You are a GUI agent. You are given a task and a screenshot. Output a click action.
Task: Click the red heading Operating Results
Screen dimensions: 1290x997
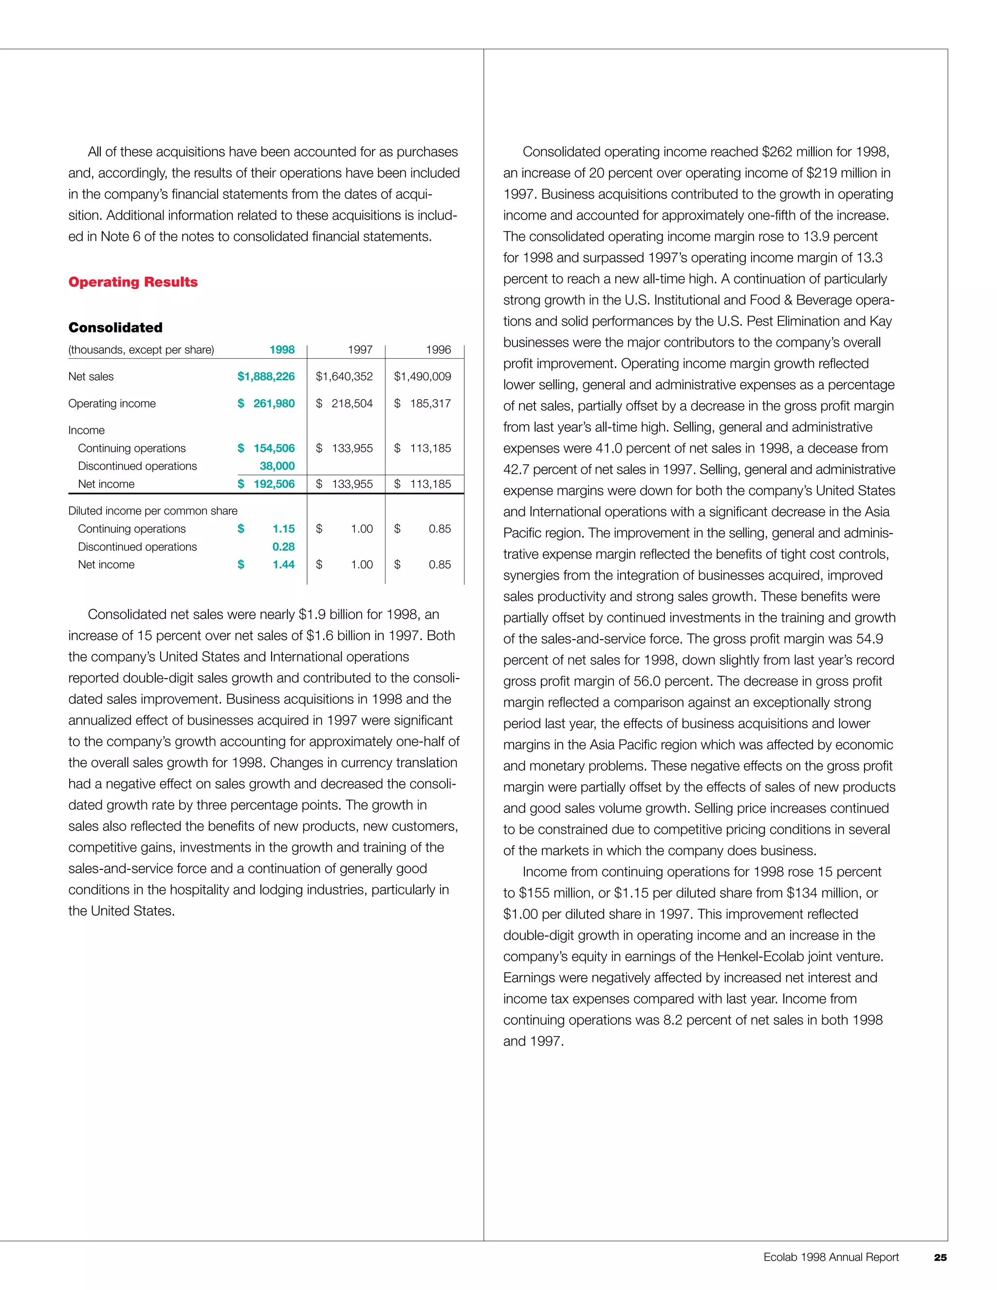point(133,282)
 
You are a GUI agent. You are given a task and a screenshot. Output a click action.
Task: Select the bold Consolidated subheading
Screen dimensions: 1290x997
point(115,327)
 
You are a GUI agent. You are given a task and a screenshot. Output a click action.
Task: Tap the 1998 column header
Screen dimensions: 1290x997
point(282,350)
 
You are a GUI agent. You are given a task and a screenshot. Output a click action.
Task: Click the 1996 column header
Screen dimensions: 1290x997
point(438,350)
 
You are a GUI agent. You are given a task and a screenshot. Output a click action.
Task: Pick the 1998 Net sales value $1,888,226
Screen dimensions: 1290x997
point(266,376)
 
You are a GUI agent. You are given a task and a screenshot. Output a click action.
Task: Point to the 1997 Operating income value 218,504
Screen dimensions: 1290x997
point(352,404)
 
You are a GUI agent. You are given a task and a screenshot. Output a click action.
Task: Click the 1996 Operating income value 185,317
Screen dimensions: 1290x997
point(430,404)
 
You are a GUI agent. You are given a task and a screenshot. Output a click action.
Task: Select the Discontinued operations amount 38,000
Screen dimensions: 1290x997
point(277,466)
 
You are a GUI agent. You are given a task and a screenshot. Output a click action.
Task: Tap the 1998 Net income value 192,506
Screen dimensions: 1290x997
point(274,484)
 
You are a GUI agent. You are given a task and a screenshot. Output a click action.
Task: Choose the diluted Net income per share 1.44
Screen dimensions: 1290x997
point(283,565)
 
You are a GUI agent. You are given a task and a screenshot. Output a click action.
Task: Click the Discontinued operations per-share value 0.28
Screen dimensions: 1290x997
point(283,547)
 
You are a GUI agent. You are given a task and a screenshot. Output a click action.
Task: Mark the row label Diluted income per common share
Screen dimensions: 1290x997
point(152,511)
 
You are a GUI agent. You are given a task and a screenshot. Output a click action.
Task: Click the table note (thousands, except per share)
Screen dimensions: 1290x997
point(141,350)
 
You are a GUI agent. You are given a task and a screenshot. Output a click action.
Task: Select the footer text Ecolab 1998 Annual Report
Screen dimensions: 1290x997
point(831,1257)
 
